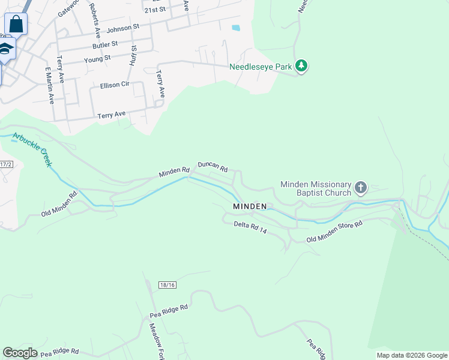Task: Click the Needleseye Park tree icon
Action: point(302,66)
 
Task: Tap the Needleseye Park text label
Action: point(261,67)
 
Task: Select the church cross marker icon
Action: point(360,188)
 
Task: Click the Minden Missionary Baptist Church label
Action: point(316,188)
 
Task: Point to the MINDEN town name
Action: point(250,206)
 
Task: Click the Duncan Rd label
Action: point(213,166)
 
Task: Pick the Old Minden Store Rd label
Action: point(334,232)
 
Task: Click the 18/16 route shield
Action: point(167,285)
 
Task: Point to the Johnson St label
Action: point(122,28)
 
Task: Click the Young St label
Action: point(97,58)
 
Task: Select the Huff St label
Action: point(133,56)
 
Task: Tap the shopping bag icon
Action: point(16,25)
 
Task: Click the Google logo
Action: point(20,353)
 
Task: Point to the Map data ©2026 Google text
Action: point(412,355)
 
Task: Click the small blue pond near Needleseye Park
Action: point(236,28)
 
